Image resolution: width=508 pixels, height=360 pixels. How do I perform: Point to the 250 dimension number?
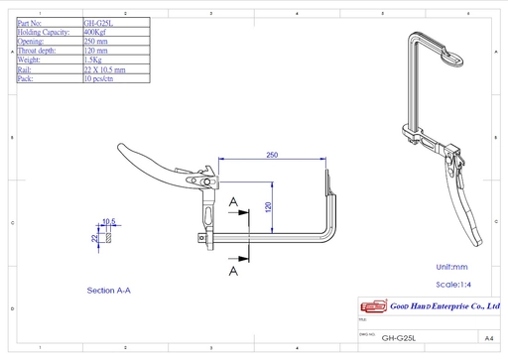click(x=272, y=154)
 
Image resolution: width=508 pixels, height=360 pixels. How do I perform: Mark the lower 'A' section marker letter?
click(x=232, y=269)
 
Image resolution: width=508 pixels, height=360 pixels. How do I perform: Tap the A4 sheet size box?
click(x=488, y=337)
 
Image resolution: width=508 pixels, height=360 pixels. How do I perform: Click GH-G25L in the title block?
click(x=398, y=337)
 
